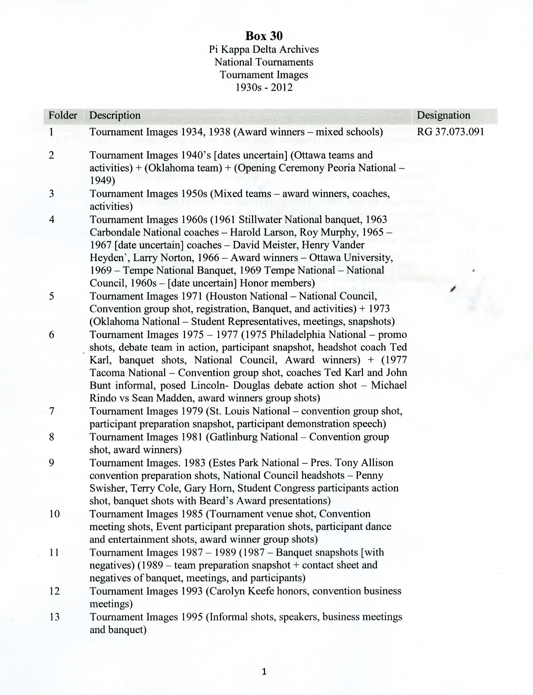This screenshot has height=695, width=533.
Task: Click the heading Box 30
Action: [264, 36]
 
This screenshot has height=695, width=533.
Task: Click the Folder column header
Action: [63, 115]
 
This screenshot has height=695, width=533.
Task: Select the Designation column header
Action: [443, 115]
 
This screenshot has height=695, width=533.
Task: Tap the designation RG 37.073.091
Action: [450, 132]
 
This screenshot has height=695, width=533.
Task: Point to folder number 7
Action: [51, 411]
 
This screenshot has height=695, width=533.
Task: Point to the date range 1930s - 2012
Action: [264, 87]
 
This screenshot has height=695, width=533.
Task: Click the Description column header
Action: [115, 115]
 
